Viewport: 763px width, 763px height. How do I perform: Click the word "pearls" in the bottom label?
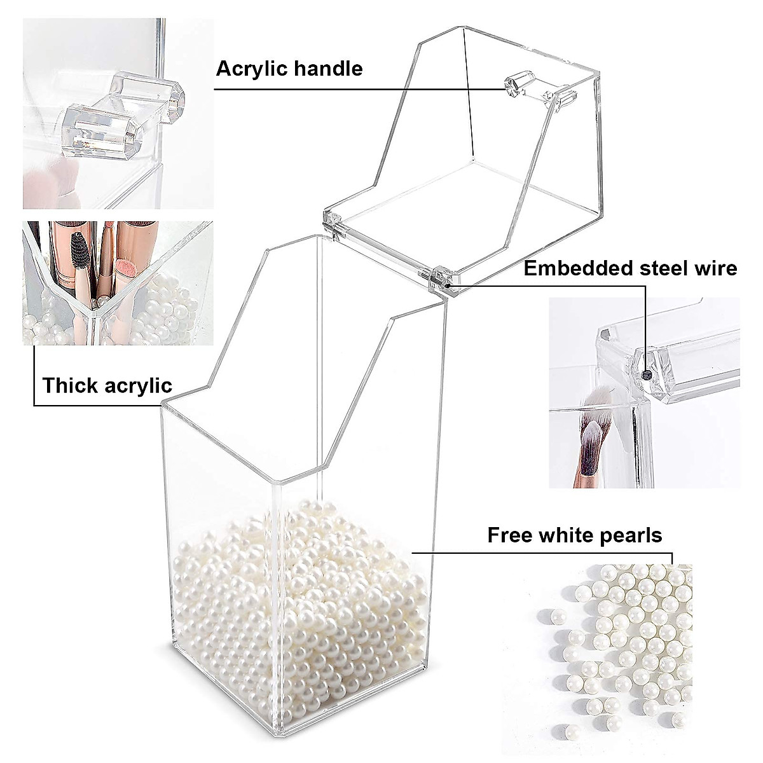click(632, 535)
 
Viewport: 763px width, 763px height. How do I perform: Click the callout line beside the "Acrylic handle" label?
click(356, 89)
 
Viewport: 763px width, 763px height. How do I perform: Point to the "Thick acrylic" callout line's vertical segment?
click(33, 375)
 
